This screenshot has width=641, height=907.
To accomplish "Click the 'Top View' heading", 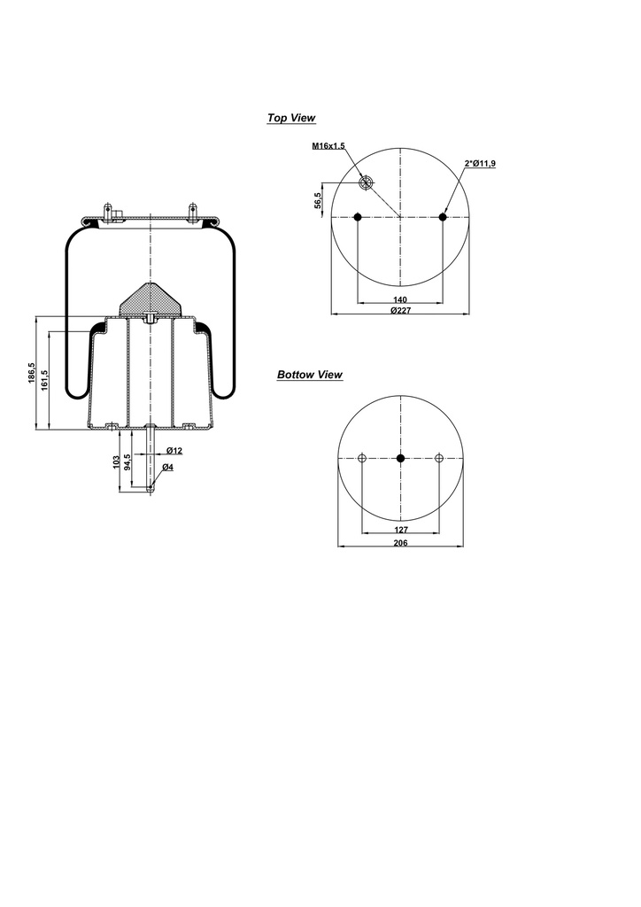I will pyautogui.click(x=291, y=118).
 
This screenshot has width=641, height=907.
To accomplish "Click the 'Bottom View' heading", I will pyautogui.click(x=309, y=375).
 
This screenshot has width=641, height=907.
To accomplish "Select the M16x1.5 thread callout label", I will pyautogui.click(x=328, y=146).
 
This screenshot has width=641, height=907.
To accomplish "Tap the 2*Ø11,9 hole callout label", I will pyautogui.click(x=480, y=163).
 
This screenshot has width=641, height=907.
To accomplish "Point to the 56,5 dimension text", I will pyautogui.click(x=318, y=201).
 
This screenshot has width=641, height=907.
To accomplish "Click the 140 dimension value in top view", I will pyautogui.click(x=399, y=300).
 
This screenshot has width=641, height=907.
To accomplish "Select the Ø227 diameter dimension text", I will pyautogui.click(x=399, y=311).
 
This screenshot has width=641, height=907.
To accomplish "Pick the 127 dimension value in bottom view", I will pyautogui.click(x=400, y=531).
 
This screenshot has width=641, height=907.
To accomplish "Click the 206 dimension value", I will pyautogui.click(x=400, y=543).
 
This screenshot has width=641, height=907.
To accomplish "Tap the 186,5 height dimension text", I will pyautogui.click(x=32, y=374).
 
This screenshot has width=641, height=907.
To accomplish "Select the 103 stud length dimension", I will pyautogui.click(x=116, y=462).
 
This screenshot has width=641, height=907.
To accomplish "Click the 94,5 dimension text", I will pyautogui.click(x=127, y=464).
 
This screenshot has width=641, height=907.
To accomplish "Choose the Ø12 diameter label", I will pyautogui.click(x=174, y=451).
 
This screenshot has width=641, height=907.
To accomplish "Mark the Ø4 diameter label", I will pyautogui.click(x=168, y=467).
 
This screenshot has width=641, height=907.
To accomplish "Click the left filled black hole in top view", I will pyautogui.click(x=357, y=217).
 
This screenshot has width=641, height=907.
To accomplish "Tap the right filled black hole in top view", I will pyautogui.click(x=443, y=217).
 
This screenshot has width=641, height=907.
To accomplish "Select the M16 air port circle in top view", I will pyautogui.click(x=366, y=182).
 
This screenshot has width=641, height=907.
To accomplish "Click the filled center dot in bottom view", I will pyautogui.click(x=400, y=458).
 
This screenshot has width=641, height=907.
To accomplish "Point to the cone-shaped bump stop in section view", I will pyautogui.click(x=151, y=301).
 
